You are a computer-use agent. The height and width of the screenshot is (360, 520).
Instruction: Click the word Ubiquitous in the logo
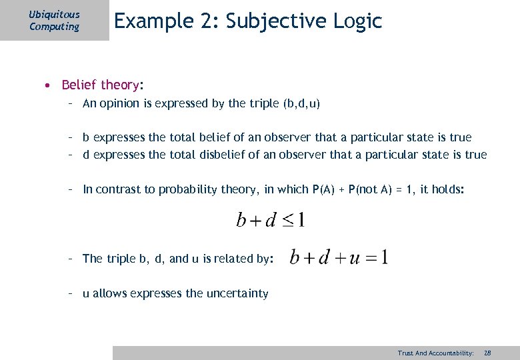point(55,14)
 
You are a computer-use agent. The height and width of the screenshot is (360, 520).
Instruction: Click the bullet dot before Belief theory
point(48,85)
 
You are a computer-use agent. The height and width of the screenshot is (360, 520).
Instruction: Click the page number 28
point(487,353)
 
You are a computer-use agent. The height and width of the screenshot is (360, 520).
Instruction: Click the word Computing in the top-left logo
point(54,27)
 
